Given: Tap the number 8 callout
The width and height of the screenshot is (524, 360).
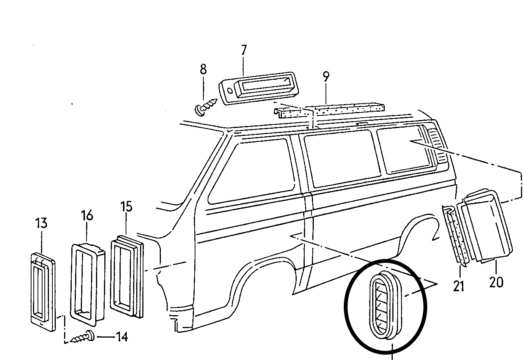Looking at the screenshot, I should coord(203,69).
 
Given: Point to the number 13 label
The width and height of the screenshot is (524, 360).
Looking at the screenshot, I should coord(42,223).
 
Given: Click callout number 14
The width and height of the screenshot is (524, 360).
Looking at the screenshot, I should coord(121,336).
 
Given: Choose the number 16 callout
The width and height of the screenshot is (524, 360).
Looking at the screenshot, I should coord(87,215).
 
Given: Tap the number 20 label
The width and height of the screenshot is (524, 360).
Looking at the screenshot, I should coord(496,282).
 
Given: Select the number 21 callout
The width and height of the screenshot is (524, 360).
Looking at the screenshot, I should coord(459,286).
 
